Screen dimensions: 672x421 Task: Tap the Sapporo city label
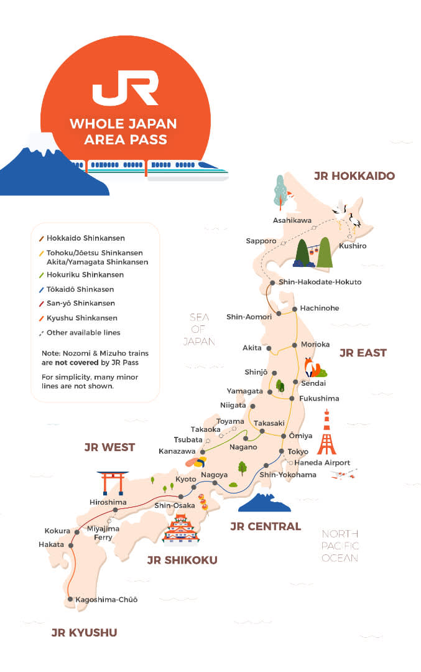pos(261,241)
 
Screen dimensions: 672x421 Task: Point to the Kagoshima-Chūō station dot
pos(70,600)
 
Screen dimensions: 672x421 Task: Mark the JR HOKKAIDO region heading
pos(354,176)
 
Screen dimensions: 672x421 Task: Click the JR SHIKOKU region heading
pos(182,560)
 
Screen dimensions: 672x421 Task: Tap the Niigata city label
pos(233,405)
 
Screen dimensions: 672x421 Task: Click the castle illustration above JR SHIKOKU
pos(180,530)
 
